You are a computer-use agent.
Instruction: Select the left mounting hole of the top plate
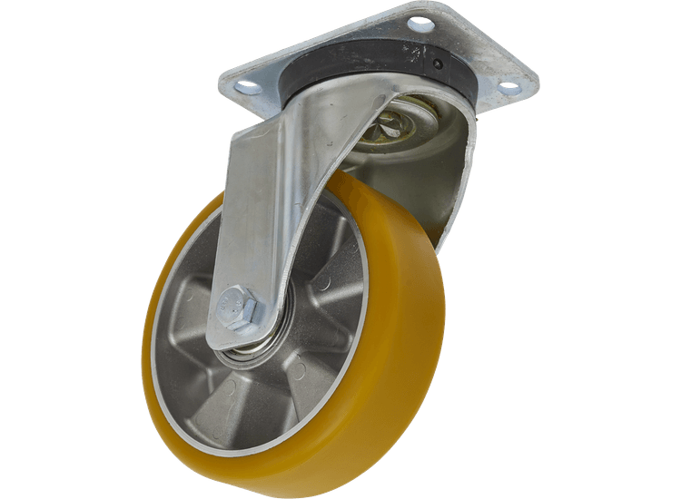click(243, 88)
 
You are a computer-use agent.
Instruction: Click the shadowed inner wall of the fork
click(445, 181)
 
